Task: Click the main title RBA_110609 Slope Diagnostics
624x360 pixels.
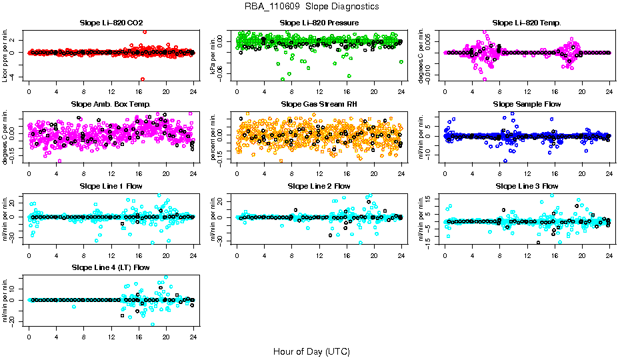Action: pos(312,7)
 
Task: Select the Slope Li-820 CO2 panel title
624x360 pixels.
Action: pos(111,23)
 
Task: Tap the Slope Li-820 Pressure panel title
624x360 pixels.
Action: pos(319,23)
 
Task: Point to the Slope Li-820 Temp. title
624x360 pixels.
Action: pos(527,23)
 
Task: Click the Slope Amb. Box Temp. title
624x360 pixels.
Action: pos(111,104)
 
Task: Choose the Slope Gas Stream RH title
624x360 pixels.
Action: pos(319,104)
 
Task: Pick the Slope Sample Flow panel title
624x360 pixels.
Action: pos(527,104)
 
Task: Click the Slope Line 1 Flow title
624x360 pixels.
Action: pos(111,185)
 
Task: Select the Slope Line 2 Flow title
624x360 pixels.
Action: pos(319,185)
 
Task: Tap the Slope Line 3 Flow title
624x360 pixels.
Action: pos(527,185)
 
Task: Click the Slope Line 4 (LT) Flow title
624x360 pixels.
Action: pos(111,267)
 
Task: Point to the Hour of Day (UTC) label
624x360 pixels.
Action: pos(311,351)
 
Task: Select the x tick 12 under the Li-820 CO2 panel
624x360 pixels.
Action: pos(111,91)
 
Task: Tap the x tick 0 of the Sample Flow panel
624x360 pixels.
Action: pos(445,173)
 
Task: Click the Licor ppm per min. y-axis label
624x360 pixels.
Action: pos(6,52)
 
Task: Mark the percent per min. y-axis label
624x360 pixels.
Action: pos(214,133)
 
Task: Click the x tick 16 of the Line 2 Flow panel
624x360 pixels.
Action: pos(347,255)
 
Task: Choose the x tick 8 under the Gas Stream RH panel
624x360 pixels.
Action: pos(291,173)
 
